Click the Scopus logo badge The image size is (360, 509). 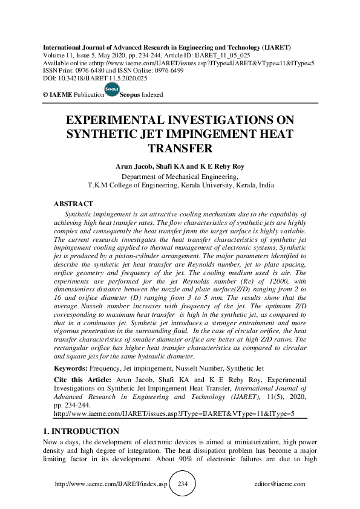pos(112,90)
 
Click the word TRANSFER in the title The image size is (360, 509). pos(180,149)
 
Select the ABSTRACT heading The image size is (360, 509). pos(73,204)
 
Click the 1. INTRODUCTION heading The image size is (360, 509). pos(80,432)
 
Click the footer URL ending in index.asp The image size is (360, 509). pos(111,484)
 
